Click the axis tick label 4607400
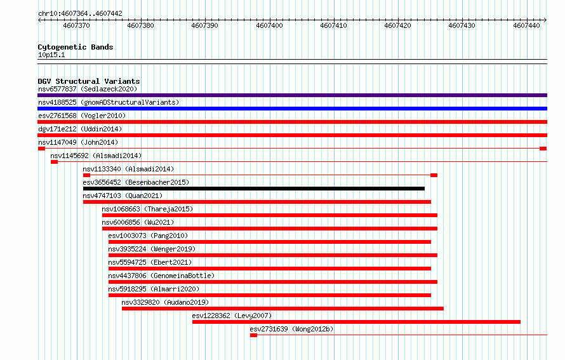[x=269, y=25]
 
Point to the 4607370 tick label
[x=76, y=25]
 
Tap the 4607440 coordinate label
[x=526, y=25]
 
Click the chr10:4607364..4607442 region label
[x=81, y=14]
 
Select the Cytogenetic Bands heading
[x=76, y=47]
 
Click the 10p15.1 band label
[x=51, y=55]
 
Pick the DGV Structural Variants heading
[x=89, y=81]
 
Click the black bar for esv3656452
[x=254, y=189]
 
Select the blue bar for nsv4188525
[x=292, y=109]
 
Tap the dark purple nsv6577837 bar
[x=292, y=95]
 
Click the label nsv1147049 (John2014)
[x=78, y=142]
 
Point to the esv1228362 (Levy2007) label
[x=232, y=316]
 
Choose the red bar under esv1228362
[x=356, y=322]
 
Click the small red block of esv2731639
[x=254, y=335]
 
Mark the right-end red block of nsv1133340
[x=434, y=175]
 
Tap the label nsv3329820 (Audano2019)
[x=165, y=302]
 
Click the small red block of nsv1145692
[x=55, y=162]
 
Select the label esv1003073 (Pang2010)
[x=148, y=236]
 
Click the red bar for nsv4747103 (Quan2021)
[x=257, y=202]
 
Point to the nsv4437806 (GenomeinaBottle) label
[x=161, y=276]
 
